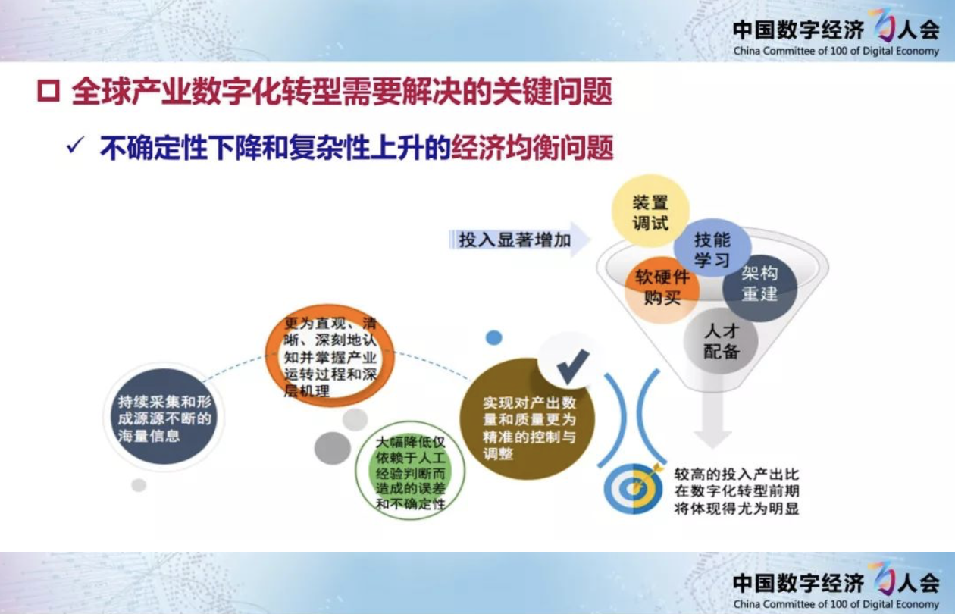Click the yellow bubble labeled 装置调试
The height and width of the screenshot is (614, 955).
tap(650, 211)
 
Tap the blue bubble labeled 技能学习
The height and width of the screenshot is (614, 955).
tap(712, 248)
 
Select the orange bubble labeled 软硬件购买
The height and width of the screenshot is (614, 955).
tap(662, 290)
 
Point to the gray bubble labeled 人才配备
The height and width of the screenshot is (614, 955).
tap(721, 341)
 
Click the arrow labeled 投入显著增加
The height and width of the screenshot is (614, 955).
tap(520, 240)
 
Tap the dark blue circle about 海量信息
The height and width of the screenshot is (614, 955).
tap(164, 417)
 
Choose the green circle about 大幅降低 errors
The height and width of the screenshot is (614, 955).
tap(410, 476)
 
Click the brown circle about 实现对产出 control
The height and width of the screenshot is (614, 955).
tap(527, 420)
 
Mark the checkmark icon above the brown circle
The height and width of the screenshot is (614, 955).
tap(572, 366)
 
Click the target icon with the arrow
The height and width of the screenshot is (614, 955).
tap(634, 488)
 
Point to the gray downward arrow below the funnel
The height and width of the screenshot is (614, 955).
tap(712, 418)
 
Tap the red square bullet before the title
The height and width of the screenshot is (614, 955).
tap(49, 91)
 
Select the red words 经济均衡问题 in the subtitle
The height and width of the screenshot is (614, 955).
tap(532, 148)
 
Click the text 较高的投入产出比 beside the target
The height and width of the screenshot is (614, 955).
tap(736, 475)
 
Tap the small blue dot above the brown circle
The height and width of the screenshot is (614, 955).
tap(493, 338)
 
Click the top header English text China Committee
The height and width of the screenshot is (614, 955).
tap(836, 51)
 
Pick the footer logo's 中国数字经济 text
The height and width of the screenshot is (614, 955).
tap(798, 583)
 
